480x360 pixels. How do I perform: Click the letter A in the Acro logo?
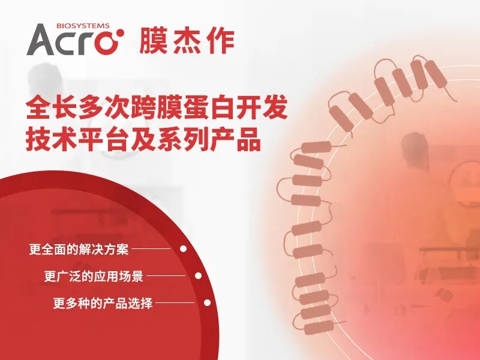click(x=43, y=40)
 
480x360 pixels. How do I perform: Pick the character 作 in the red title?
click(x=220, y=40)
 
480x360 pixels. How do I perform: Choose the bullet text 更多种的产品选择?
click(x=103, y=304)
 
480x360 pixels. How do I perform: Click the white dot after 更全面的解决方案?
click(x=184, y=248)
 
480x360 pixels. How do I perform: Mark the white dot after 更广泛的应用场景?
click(x=198, y=276)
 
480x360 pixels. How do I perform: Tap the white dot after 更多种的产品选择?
click(x=207, y=303)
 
